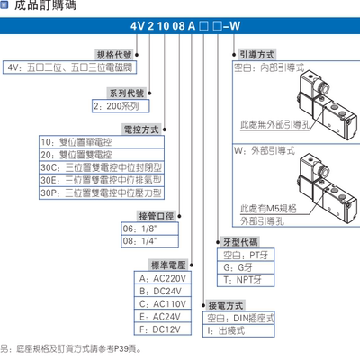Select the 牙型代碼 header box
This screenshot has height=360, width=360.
point(240,242)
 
